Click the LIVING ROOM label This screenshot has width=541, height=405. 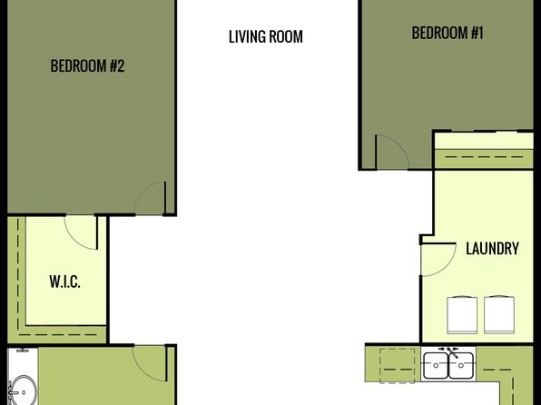coord(266,36)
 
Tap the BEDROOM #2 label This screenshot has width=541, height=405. coord(87,65)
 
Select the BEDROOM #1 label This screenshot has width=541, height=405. coord(448,33)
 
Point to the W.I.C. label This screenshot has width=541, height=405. coord(64,282)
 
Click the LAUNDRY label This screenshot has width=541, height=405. coord(492,249)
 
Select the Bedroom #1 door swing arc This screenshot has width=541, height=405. coord(401,145)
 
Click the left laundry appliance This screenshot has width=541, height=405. coord(462,315)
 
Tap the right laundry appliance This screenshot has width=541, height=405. coord(499,315)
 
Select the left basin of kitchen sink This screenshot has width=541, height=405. coord(436,365)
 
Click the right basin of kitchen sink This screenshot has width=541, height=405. coord(461,365)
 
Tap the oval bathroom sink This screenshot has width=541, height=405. coord(24,391)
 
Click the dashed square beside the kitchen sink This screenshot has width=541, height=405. coord(397,366)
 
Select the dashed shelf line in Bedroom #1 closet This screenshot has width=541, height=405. coord(484,157)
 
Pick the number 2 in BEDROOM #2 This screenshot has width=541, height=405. coord(121,65)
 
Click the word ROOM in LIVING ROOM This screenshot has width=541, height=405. coord(286,36)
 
